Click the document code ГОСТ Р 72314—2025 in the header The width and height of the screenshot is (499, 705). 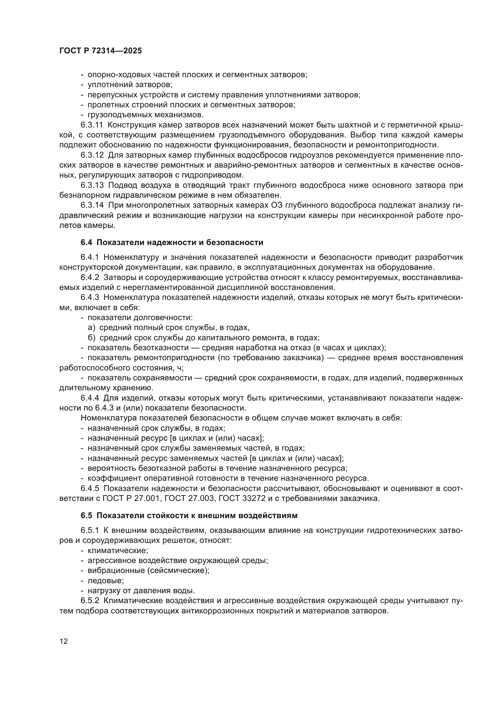pyautogui.click(x=100, y=51)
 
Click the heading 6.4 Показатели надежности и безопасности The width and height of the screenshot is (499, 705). pyautogui.click(x=172, y=243)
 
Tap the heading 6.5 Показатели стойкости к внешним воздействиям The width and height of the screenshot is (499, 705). pyautogui.click(x=189, y=515)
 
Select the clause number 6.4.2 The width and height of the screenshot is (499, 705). pyautogui.click(x=90, y=278)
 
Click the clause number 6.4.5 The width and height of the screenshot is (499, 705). pyautogui.click(x=90, y=488)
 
